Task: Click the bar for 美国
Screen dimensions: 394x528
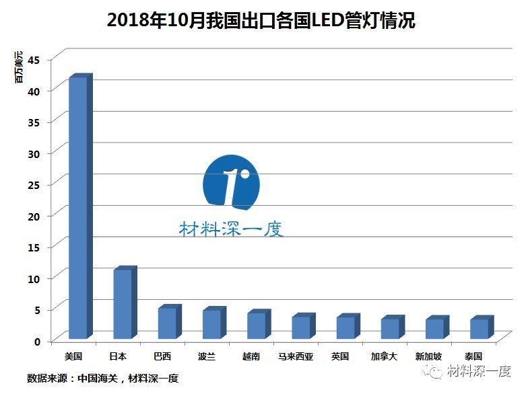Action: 78,208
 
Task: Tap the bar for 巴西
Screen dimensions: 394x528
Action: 167,323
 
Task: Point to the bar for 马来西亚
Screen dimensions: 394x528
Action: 300,327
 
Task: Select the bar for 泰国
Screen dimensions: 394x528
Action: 479,329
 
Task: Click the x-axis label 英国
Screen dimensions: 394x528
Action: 340,356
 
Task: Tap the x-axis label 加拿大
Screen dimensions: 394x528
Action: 385,356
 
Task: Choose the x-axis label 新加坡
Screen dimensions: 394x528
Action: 429,356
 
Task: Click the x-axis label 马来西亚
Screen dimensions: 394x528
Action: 296,356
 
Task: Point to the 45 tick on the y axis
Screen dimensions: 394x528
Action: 34,60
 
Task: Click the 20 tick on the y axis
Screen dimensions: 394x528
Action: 34,216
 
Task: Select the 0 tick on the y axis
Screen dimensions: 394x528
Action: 38,341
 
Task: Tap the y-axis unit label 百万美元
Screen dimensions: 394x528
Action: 20,67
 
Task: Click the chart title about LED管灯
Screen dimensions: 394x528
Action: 261,20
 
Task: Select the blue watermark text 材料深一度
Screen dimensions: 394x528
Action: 231,229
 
